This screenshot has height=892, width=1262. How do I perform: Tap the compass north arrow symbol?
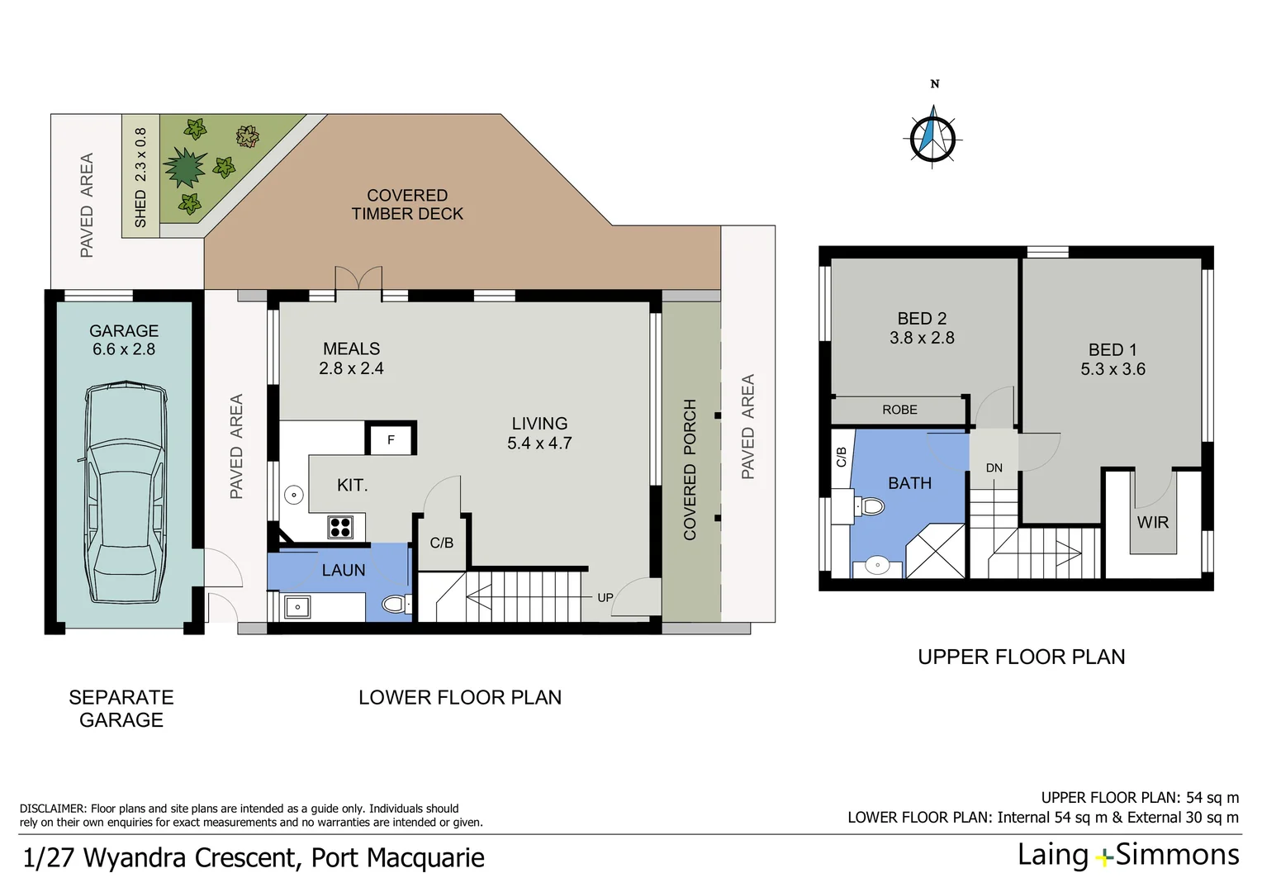(933, 136)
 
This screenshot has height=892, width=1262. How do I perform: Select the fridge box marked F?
(391, 439)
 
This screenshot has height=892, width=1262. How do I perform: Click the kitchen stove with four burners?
(340, 526)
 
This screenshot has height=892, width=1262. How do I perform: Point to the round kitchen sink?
(294, 495)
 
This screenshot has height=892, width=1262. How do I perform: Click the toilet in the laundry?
(396, 605)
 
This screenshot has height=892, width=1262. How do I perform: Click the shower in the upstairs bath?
(936, 551)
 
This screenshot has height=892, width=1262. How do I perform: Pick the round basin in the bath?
(876, 566)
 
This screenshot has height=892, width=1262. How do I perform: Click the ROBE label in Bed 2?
(899, 410)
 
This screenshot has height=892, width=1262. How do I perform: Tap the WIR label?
(1152, 522)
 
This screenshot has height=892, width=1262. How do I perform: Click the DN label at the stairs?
(994, 467)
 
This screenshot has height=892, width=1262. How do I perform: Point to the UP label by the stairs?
(605, 597)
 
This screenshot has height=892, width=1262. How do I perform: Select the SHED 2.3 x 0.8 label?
(140, 177)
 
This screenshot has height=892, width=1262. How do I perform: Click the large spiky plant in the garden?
(183, 168)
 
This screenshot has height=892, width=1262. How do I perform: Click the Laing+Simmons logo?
(1127, 855)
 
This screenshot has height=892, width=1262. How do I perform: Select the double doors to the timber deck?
(358, 279)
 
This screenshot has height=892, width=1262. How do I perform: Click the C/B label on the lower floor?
(441, 543)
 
